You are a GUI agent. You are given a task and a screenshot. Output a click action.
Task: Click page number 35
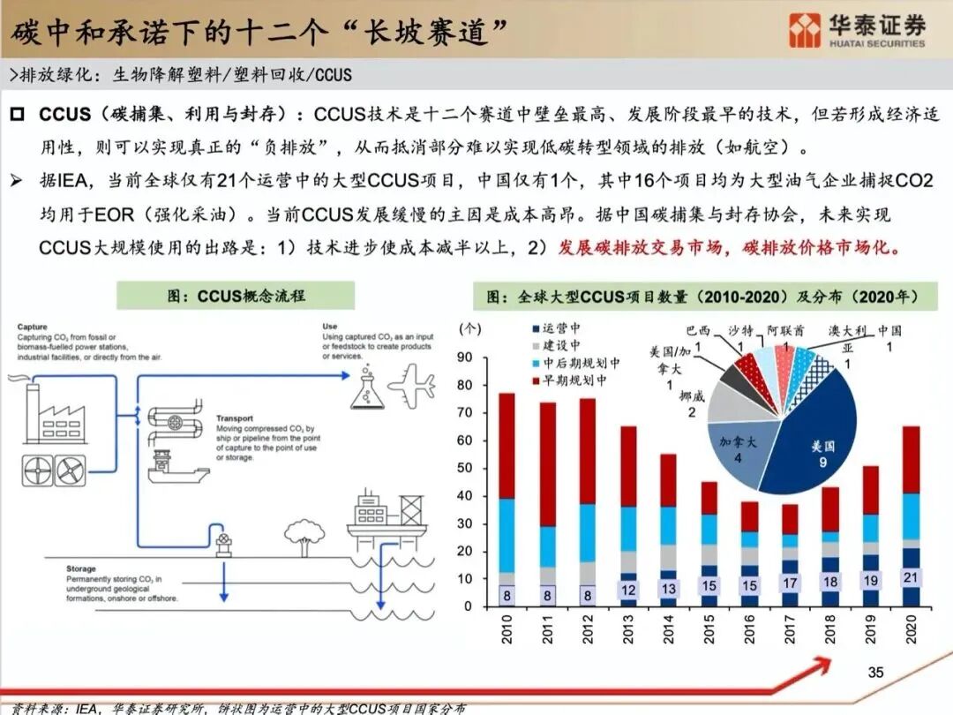pos(875,673)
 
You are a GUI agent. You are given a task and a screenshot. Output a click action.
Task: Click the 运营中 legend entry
pos(561,329)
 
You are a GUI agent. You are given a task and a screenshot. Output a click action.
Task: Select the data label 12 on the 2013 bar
pos(628,590)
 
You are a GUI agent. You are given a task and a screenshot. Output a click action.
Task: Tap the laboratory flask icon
pos(367,390)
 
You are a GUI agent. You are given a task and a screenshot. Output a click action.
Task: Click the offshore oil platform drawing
pos(386,521)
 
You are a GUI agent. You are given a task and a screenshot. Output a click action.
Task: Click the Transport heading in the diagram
pos(234,418)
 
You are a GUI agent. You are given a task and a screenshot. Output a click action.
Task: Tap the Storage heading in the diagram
pos(80,569)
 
